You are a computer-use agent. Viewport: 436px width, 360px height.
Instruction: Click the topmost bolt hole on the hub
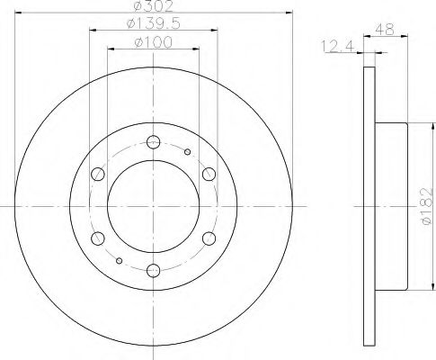[x=152, y=140]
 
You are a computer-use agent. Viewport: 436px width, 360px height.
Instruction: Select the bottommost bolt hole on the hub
[x=152, y=270]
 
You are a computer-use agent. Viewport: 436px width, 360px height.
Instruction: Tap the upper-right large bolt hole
[x=209, y=173]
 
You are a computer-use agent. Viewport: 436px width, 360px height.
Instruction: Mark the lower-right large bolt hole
[x=209, y=238]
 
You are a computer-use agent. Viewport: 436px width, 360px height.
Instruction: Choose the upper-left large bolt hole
[x=95, y=173]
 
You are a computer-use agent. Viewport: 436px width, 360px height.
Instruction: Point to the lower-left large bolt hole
[x=95, y=238]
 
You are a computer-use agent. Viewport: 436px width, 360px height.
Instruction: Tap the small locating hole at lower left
[x=119, y=259]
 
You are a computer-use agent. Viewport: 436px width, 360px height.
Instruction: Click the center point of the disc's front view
[x=152, y=205]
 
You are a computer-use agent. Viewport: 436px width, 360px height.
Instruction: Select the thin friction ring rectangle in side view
[x=369, y=205]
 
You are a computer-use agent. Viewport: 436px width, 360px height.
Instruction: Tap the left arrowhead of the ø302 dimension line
[x=20, y=14]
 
